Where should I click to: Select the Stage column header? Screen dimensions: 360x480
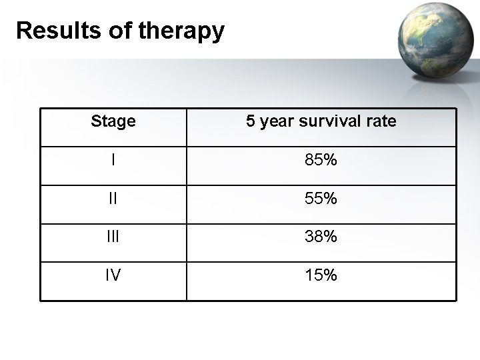click(x=113, y=121)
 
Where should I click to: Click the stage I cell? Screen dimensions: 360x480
click(x=113, y=160)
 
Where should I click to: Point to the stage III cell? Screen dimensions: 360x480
click(x=113, y=236)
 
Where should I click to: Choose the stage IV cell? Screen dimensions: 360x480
click(x=113, y=274)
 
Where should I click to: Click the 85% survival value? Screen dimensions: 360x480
click(x=321, y=160)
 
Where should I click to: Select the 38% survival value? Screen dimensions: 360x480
click(x=321, y=236)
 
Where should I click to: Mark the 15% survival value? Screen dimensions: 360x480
click(x=321, y=274)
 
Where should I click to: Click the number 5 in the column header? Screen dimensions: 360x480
click(x=251, y=121)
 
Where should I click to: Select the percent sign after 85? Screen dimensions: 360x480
click(x=330, y=160)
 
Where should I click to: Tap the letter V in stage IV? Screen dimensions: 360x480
click(x=117, y=274)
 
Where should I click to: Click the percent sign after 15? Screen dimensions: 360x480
click(x=330, y=274)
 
